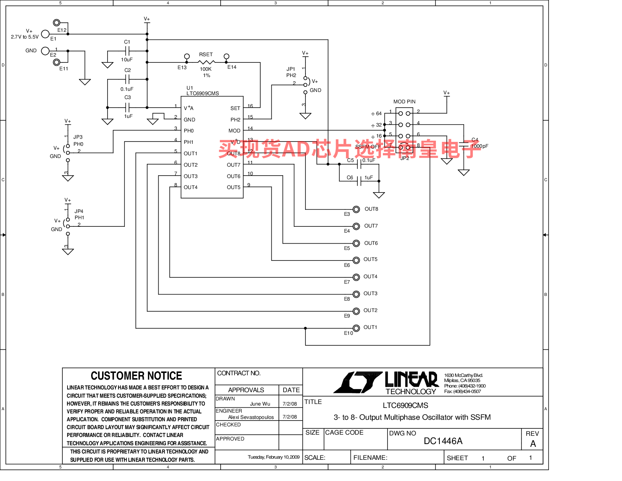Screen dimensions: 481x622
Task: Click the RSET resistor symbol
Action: point(206,62)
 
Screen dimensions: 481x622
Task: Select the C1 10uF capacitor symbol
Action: point(128,51)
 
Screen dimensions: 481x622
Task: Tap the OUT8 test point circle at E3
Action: point(356,209)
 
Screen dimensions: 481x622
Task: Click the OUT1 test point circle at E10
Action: point(356,328)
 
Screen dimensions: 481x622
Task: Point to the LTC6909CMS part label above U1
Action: point(203,94)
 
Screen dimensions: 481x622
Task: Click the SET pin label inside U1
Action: point(235,108)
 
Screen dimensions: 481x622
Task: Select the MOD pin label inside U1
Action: point(234,131)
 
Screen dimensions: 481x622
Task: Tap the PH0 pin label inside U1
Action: point(189,131)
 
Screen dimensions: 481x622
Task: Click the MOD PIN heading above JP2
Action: point(404,102)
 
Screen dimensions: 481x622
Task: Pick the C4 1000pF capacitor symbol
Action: point(464,145)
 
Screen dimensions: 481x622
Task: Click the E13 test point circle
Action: point(187,57)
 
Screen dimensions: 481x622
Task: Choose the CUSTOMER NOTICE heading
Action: point(136,376)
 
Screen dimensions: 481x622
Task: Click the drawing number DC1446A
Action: point(443,441)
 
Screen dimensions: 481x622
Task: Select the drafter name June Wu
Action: point(260,404)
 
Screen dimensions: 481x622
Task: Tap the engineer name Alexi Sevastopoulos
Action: point(251,417)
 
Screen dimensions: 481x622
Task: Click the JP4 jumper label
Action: point(79,211)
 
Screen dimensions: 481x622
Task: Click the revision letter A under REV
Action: point(533,444)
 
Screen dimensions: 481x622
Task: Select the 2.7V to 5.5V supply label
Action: point(25,37)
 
